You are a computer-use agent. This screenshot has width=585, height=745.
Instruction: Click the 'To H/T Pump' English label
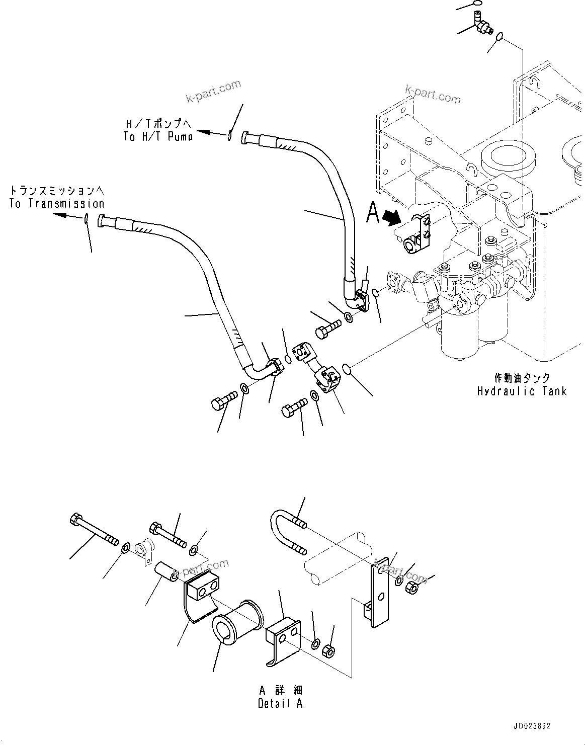click(x=158, y=136)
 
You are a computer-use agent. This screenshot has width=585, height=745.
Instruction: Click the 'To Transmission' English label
click(x=57, y=204)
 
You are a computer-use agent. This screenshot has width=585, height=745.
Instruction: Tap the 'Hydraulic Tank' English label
click(x=522, y=391)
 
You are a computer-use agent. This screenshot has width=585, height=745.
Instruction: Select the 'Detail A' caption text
click(x=280, y=704)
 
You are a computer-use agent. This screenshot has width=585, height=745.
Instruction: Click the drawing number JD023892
click(x=532, y=726)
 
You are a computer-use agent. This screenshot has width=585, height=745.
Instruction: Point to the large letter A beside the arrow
click(x=372, y=213)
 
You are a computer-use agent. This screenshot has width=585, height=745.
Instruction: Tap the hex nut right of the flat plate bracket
click(x=416, y=587)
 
